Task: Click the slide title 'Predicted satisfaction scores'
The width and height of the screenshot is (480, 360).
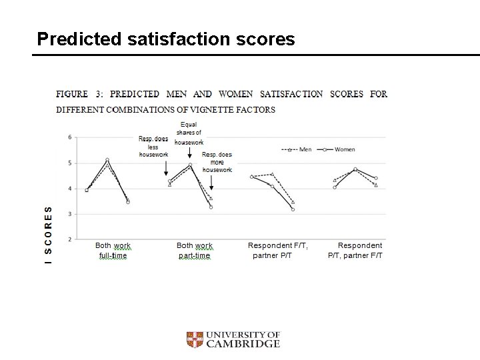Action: pyautogui.click(x=165, y=39)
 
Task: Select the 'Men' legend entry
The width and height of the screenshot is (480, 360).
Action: pyautogui.click(x=305, y=149)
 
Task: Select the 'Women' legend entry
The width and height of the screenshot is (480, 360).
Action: pyautogui.click(x=345, y=149)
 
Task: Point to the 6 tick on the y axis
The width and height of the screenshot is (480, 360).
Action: pyautogui.click(x=70, y=137)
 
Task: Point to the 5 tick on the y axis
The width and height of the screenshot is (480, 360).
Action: pyautogui.click(x=70, y=163)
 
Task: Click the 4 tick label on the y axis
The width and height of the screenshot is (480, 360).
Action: pyautogui.click(x=70, y=189)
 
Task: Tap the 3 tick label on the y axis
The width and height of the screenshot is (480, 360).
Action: pyautogui.click(x=70, y=214)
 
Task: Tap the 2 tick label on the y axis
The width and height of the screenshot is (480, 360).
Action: pyautogui.click(x=70, y=239)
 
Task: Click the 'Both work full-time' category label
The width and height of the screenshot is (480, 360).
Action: pyautogui.click(x=113, y=251)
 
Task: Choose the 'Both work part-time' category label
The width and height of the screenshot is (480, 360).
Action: pyautogui.click(x=194, y=251)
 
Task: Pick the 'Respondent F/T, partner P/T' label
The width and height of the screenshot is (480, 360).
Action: pyautogui.click(x=278, y=251)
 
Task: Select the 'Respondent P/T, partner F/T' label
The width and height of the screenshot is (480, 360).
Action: pyautogui.click(x=356, y=251)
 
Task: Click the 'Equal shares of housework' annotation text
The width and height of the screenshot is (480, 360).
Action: pyautogui.click(x=189, y=133)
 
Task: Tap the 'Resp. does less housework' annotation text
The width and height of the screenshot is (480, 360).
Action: pyautogui.click(x=153, y=147)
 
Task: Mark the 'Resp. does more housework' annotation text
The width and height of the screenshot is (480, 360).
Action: pyautogui.click(x=217, y=162)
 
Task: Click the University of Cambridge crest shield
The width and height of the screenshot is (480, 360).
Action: pyautogui.click(x=194, y=340)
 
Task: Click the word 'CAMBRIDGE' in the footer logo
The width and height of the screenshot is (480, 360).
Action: pyautogui.click(x=243, y=345)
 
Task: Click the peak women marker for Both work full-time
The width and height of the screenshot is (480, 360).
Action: pyautogui.click(x=107, y=160)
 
